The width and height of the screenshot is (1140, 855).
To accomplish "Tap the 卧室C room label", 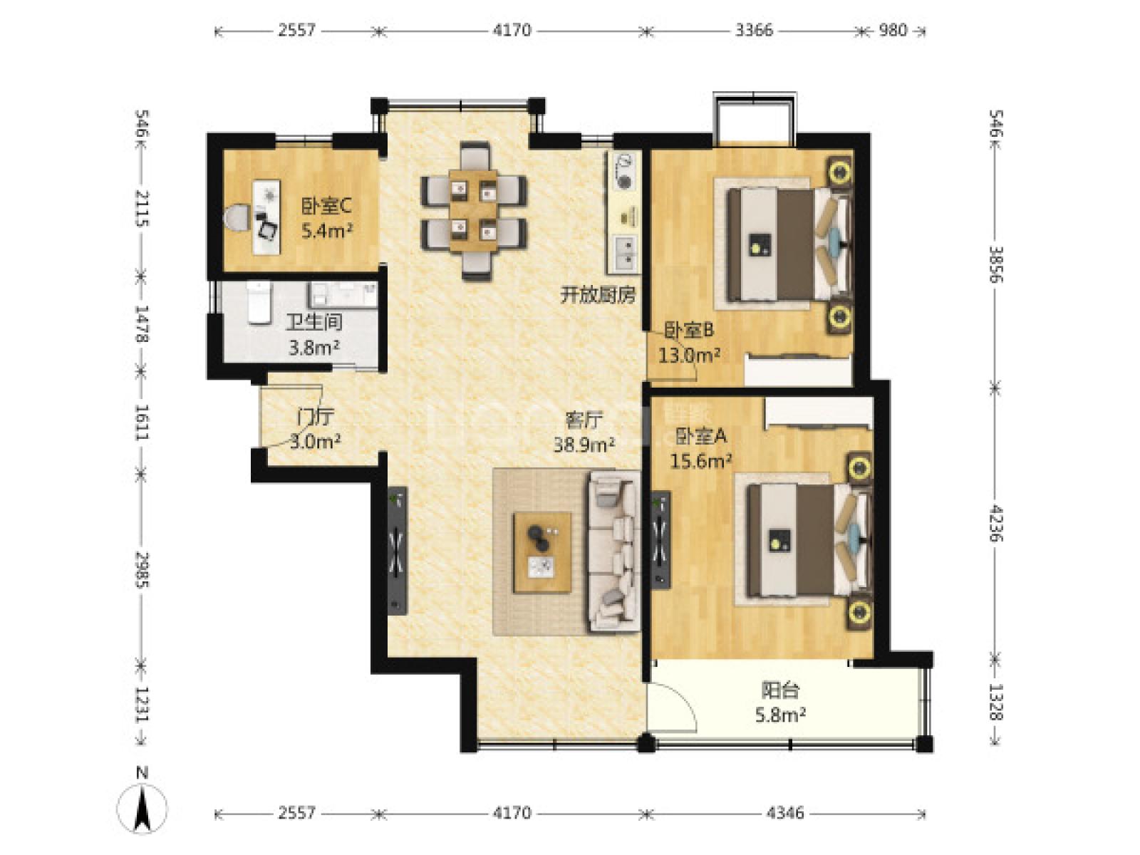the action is click(x=326, y=207).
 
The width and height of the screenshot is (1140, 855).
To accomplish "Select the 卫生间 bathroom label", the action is click(x=314, y=322).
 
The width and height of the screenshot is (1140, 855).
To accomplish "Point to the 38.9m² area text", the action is click(x=584, y=445).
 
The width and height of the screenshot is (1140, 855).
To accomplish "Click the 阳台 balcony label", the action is click(x=780, y=691).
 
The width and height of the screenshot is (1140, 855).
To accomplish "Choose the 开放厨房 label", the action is click(x=598, y=296).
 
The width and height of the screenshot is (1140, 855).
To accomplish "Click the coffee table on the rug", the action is click(x=541, y=552).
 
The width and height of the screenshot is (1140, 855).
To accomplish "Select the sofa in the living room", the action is click(x=613, y=551).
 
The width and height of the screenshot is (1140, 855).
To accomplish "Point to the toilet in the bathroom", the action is click(x=259, y=303).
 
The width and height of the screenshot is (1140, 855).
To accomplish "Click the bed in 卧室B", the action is click(x=789, y=244).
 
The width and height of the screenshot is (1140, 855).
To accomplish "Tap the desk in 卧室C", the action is click(x=266, y=217).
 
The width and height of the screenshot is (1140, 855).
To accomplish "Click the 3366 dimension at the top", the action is click(x=754, y=30).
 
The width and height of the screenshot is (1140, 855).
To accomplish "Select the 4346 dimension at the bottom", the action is click(x=784, y=812).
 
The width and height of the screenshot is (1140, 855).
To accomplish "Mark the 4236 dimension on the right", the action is click(x=995, y=523).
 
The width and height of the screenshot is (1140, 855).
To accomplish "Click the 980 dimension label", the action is click(x=893, y=30).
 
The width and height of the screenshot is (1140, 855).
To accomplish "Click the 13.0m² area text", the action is click(x=689, y=355).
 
